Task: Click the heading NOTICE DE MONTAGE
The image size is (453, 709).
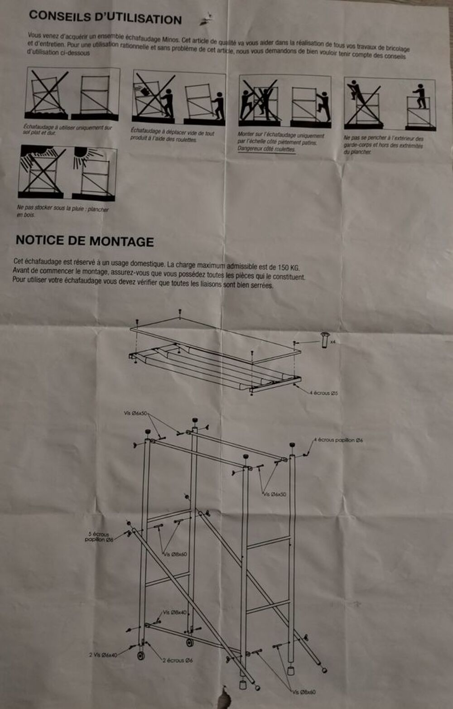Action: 85,241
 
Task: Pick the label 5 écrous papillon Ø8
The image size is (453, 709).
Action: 99,537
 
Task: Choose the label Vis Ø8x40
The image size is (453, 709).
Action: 174,612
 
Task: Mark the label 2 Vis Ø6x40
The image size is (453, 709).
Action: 103,655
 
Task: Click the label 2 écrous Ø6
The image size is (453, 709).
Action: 178,660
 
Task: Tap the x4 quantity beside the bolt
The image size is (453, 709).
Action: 333,342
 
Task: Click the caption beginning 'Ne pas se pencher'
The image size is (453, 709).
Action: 383,145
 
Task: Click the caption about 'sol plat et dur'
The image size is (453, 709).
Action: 67,130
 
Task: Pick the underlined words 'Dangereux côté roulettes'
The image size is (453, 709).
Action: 266,149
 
